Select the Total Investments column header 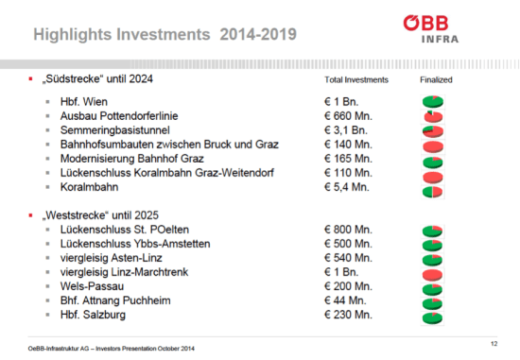click(x=351, y=82)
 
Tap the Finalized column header click(x=436, y=82)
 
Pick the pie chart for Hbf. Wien click(x=435, y=100)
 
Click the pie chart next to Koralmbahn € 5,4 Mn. click(x=435, y=191)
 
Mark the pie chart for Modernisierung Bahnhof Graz click(x=435, y=161)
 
